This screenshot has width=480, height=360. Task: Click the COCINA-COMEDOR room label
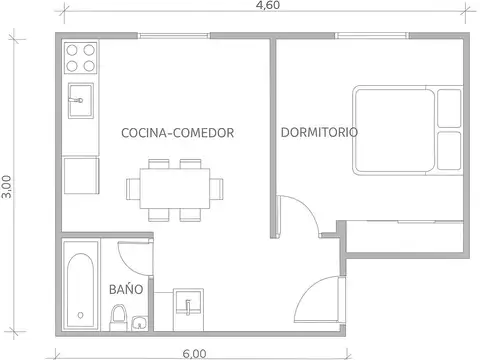click(177, 132)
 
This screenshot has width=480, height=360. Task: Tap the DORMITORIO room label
click(320, 132)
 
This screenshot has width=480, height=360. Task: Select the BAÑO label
click(125, 288)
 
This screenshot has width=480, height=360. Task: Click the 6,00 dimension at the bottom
click(194, 352)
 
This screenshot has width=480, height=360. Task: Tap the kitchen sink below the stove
click(80, 98)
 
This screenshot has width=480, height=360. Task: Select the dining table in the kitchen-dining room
click(174, 188)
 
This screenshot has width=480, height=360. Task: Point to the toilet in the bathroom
click(118, 319)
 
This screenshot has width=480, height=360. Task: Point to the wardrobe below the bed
click(405, 236)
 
